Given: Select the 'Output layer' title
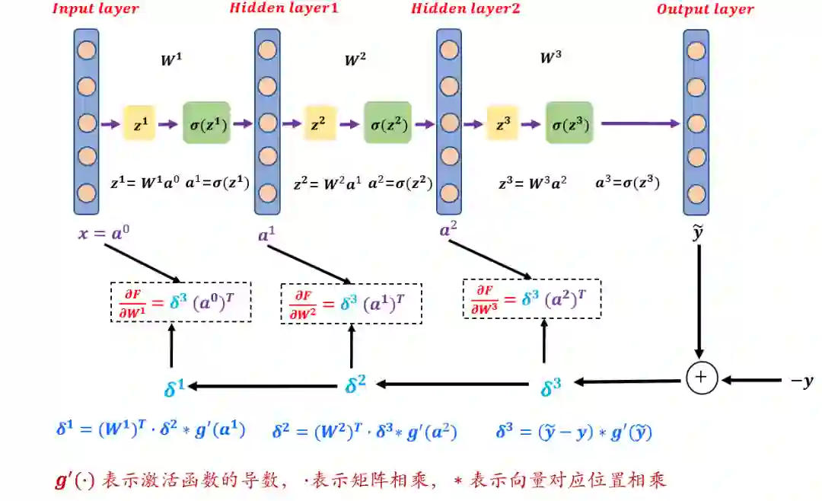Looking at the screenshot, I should tap(705, 10).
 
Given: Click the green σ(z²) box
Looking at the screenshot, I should tap(387, 123).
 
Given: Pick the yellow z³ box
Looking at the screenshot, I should tap(502, 123).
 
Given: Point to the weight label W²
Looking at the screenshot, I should tap(355, 60).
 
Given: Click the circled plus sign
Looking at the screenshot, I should tap(702, 377).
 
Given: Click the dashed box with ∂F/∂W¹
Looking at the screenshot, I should tap(181, 302).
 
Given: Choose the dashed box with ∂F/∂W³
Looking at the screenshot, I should tap(532, 298).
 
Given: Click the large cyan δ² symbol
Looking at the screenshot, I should tap(355, 385).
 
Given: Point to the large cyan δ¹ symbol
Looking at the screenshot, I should tap(174, 388).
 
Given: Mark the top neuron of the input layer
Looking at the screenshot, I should tap(86, 52).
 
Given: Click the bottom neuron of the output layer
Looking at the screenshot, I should tap(696, 192).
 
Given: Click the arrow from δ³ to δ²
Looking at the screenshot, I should tap(454, 385).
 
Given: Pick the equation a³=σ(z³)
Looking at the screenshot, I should tap(626, 183).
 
